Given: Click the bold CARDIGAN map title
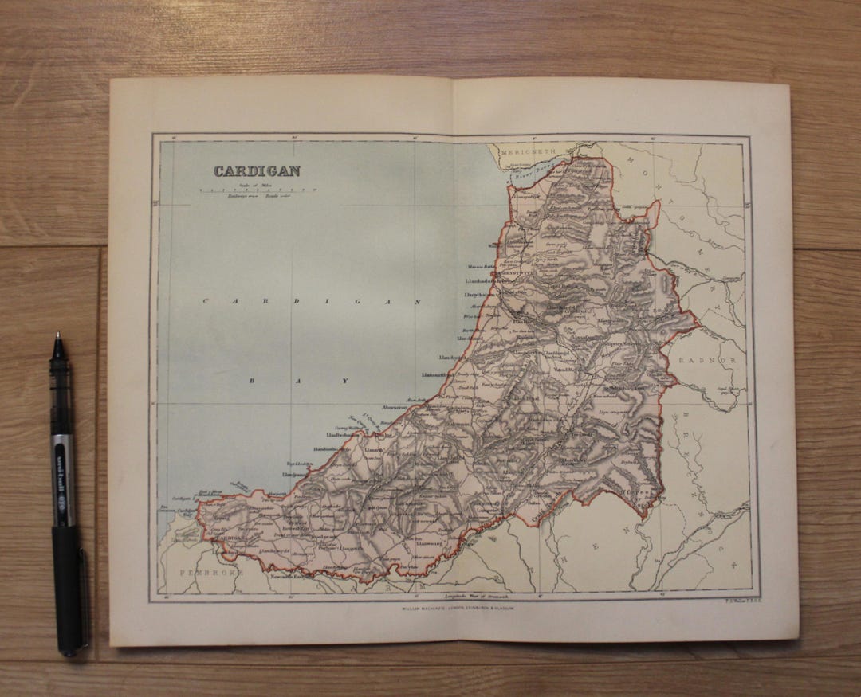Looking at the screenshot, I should coord(257,170).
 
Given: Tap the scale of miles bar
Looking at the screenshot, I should coord(258,190).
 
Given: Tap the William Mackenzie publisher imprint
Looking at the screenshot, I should coord(458,607).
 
